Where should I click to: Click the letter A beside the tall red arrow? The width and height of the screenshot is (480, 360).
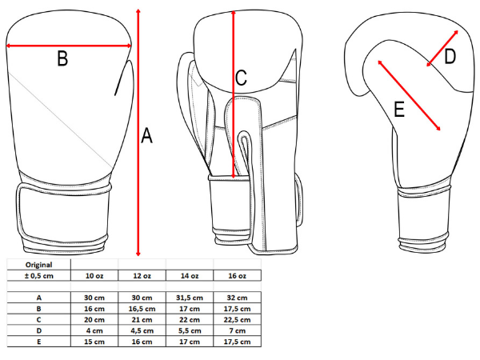(x=146, y=136)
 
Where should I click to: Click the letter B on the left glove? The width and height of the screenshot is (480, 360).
(x=62, y=58)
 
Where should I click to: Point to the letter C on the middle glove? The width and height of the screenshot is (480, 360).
(x=241, y=78)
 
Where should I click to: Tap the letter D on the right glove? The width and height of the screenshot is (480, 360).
(x=450, y=57)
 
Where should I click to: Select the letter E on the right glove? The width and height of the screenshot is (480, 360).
(x=399, y=109)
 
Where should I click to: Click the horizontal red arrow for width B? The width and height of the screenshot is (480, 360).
(x=69, y=46)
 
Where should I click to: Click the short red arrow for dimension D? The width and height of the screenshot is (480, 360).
(x=442, y=48)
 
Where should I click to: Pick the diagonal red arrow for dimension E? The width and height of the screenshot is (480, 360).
(x=409, y=95)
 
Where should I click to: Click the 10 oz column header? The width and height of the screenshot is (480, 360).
(x=94, y=276)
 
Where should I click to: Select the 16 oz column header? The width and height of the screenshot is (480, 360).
(x=237, y=276)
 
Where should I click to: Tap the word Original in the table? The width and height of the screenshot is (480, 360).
(x=39, y=265)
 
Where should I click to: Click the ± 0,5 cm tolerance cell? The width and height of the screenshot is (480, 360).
(x=39, y=276)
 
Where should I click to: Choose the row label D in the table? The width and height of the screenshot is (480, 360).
(x=39, y=330)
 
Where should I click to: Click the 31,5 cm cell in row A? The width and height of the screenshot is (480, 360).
(x=190, y=298)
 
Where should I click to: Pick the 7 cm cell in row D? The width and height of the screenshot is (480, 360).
(x=237, y=330)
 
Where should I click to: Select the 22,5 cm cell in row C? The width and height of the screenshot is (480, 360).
(x=237, y=319)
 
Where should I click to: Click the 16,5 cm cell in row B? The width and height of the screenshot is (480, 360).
(x=142, y=309)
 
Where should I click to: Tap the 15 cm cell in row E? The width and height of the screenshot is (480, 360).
(x=94, y=342)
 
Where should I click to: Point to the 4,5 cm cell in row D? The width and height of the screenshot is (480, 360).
(x=142, y=330)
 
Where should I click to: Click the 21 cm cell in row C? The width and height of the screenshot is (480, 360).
(x=142, y=319)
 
